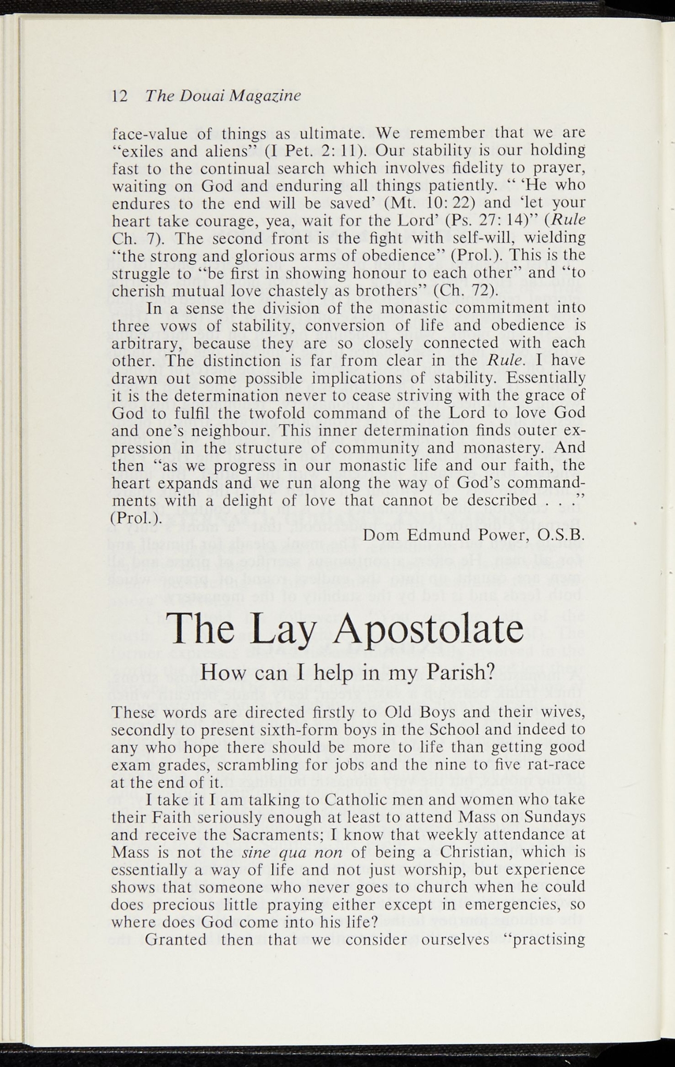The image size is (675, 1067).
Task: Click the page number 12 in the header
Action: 120,96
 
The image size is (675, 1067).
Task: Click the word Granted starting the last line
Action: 176,940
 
